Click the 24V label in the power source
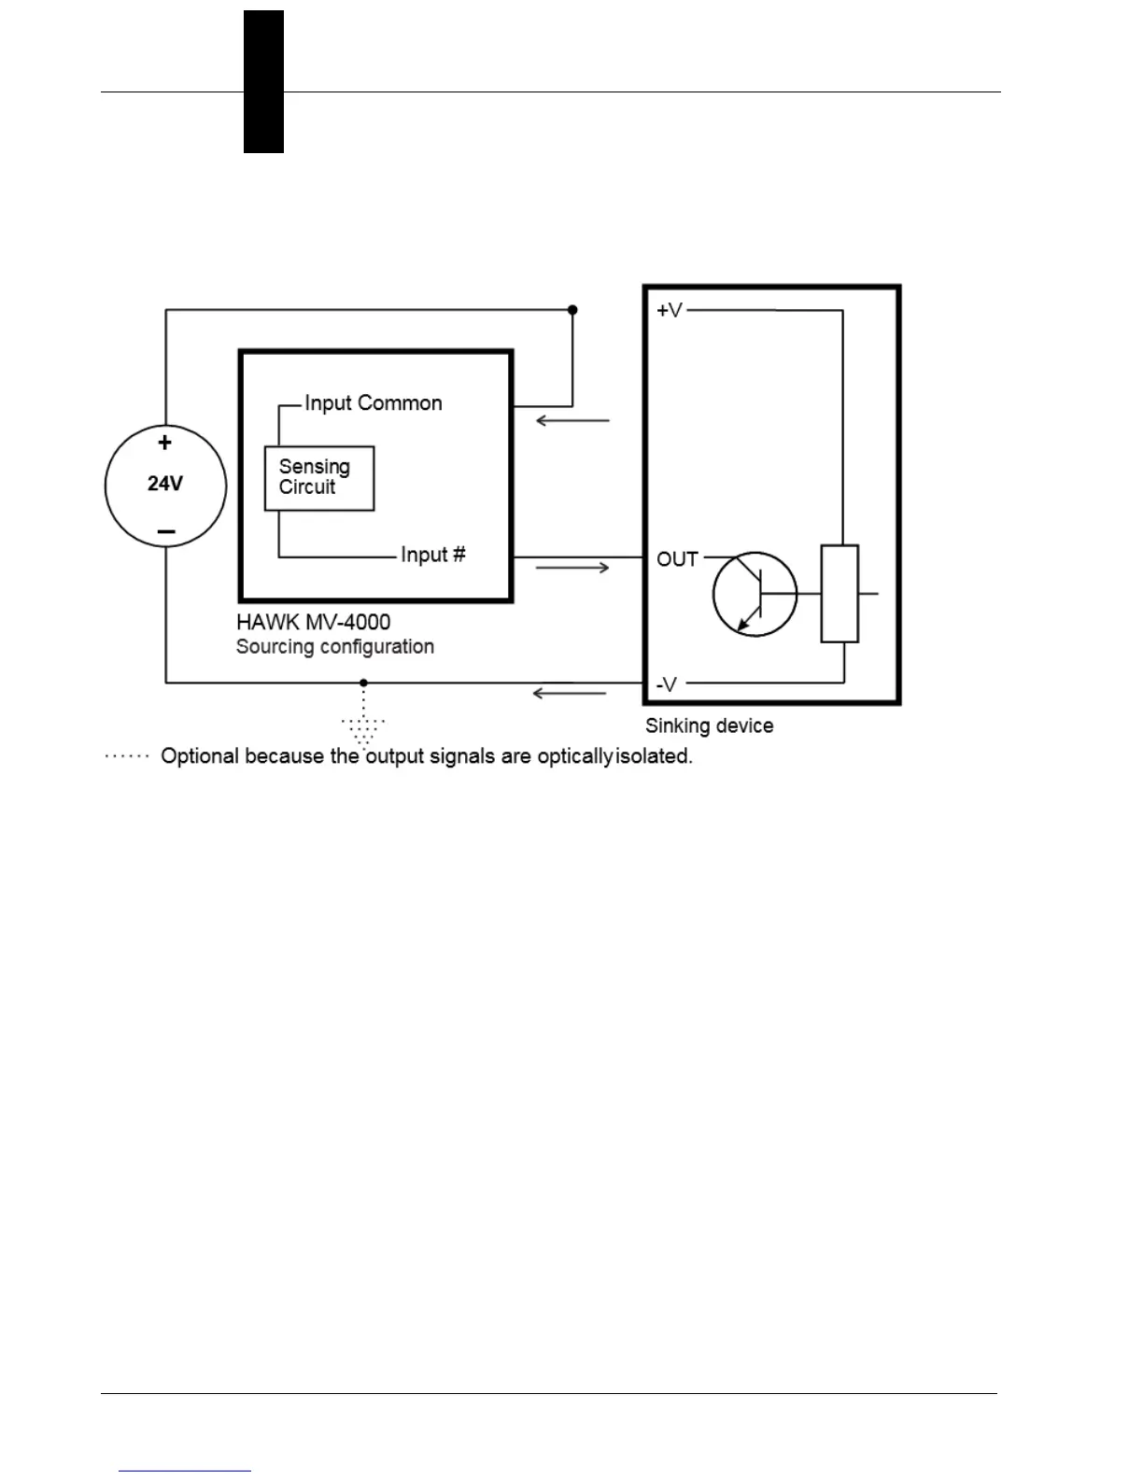(x=165, y=484)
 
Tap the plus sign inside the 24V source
(x=165, y=443)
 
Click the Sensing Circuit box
(x=319, y=478)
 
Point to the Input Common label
(x=374, y=403)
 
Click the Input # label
(x=433, y=555)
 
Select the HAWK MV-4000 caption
(x=314, y=622)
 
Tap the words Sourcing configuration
(x=335, y=647)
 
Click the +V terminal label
(x=670, y=310)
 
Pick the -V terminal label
(x=667, y=684)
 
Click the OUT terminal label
(x=678, y=559)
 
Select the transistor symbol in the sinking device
(x=755, y=594)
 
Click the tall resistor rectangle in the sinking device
(x=840, y=594)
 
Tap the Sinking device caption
(x=710, y=725)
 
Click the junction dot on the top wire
(x=572, y=310)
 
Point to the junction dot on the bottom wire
(x=364, y=683)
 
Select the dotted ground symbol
(x=363, y=729)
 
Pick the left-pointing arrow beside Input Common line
(x=572, y=421)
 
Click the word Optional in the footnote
(x=199, y=756)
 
